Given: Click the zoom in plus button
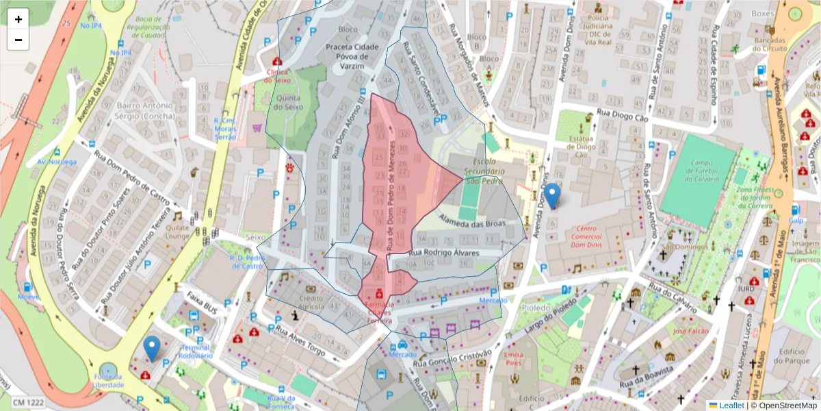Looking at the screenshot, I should pos(18,19).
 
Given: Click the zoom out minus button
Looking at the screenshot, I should pos(18,40).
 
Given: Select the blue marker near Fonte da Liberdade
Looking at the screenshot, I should pos(152,349).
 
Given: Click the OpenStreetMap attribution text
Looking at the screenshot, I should pos(787,406).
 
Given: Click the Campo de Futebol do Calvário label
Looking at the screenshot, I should pos(697,173).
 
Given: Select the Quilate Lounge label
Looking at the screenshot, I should pos(177,233).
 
